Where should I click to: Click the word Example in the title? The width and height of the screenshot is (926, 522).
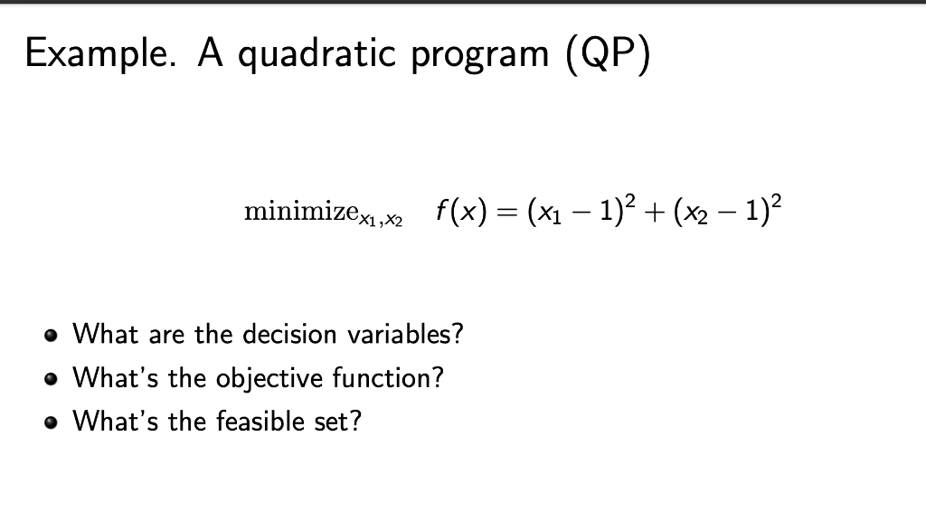click(100, 54)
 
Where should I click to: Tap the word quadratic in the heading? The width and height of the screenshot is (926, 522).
click(317, 54)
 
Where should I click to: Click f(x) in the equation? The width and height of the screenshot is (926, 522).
click(462, 211)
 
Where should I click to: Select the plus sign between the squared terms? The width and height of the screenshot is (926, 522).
click(654, 212)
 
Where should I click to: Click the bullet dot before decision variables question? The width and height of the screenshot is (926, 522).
click(51, 336)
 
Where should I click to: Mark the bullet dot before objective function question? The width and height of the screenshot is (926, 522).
click(51, 379)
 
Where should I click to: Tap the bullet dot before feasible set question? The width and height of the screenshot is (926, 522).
click(51, 422)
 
